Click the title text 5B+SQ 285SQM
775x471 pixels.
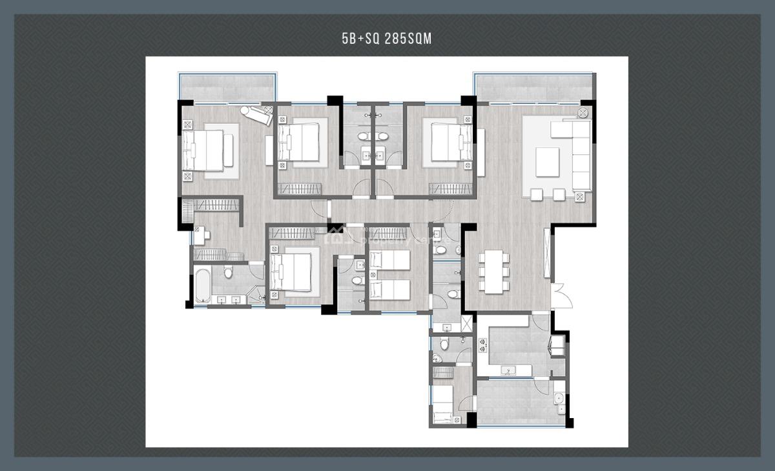tap(386, 39)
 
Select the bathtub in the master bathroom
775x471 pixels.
tap(202, 286)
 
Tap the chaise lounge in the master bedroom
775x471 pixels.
tap(256, 115)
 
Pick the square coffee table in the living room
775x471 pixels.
tap(548, 161)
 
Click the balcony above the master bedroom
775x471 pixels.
tap(227, 87)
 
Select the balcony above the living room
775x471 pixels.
tap(533, 87)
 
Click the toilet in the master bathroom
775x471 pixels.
tap(228, 272)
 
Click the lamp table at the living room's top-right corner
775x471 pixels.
tap(582, 113)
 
